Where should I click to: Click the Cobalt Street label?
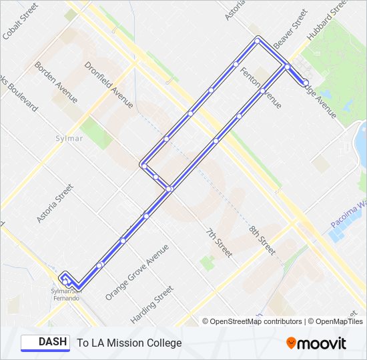tap(20, 21)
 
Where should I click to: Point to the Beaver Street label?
tap(291, 27)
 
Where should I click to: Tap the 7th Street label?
tap(218, 243)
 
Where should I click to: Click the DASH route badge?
tap(45, 343)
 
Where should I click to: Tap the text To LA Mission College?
tap(129, 343)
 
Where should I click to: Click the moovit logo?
tap(316, 343)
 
